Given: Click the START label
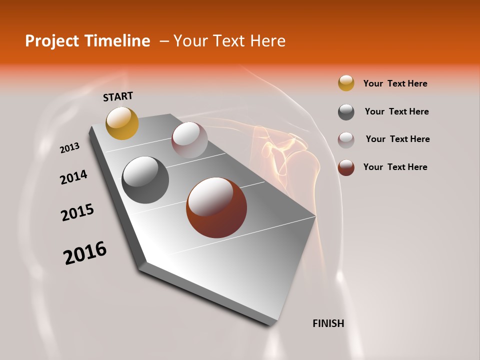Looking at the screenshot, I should click(118, 96).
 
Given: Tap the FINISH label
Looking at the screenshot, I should click(328, 323).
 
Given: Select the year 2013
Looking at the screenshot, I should click(70, 147).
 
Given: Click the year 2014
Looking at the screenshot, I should click(73, 177).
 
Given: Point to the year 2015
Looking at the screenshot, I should click(77, 212).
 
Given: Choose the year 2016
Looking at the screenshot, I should click(85, 253).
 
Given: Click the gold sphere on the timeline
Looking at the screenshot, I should click(122, 123).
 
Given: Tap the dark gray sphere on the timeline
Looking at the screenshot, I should click(145, 180).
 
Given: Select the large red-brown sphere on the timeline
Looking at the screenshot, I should click(216, 207).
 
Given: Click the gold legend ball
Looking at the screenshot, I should click(346, 83).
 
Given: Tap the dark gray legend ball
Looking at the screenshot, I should click(346, 112).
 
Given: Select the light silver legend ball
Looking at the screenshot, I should click(346, 140).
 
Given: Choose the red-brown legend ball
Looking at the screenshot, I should click(346, 167).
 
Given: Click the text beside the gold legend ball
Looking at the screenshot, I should click(395, 83).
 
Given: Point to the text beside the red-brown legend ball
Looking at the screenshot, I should click(395, 167).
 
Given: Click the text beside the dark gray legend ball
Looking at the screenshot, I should click(396, 111).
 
